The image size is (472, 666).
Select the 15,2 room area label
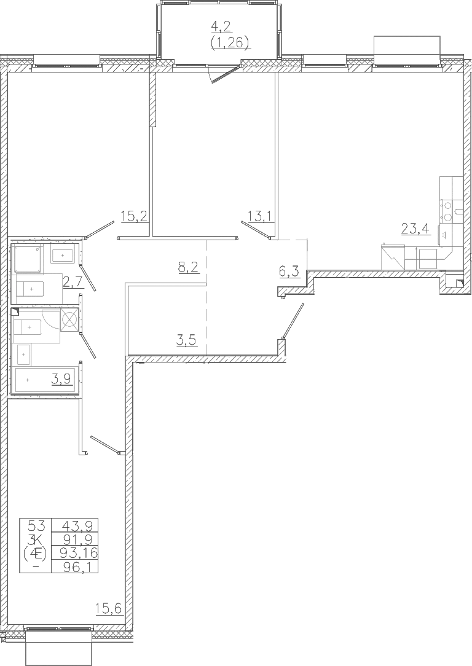pos(134,217)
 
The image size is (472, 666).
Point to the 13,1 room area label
pos(261,217)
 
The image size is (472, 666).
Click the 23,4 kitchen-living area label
pos(415,229)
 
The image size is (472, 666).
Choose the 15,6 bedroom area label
pos(109,609)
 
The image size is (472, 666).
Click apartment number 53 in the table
pos(36,525)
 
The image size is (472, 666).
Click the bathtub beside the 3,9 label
pos(44,381)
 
